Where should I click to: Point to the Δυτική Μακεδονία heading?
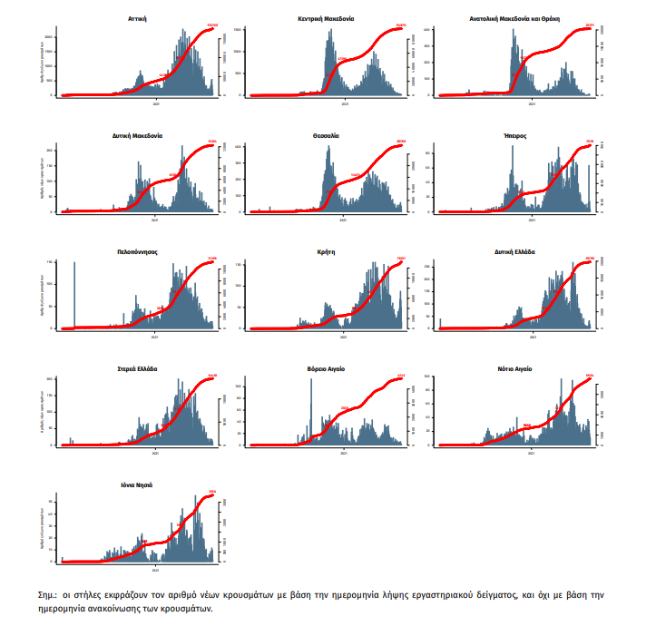click(139, 135)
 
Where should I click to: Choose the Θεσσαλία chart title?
click(326, 135)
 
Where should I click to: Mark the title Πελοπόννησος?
click(139, 252)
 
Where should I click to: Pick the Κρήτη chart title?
click(327, 252)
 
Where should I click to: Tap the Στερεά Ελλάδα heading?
click(139, 369)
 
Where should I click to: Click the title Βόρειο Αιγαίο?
click(327, 369)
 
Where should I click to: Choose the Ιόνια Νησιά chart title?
click(139, 485)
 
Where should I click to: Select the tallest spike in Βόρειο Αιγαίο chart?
click(310, 413)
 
